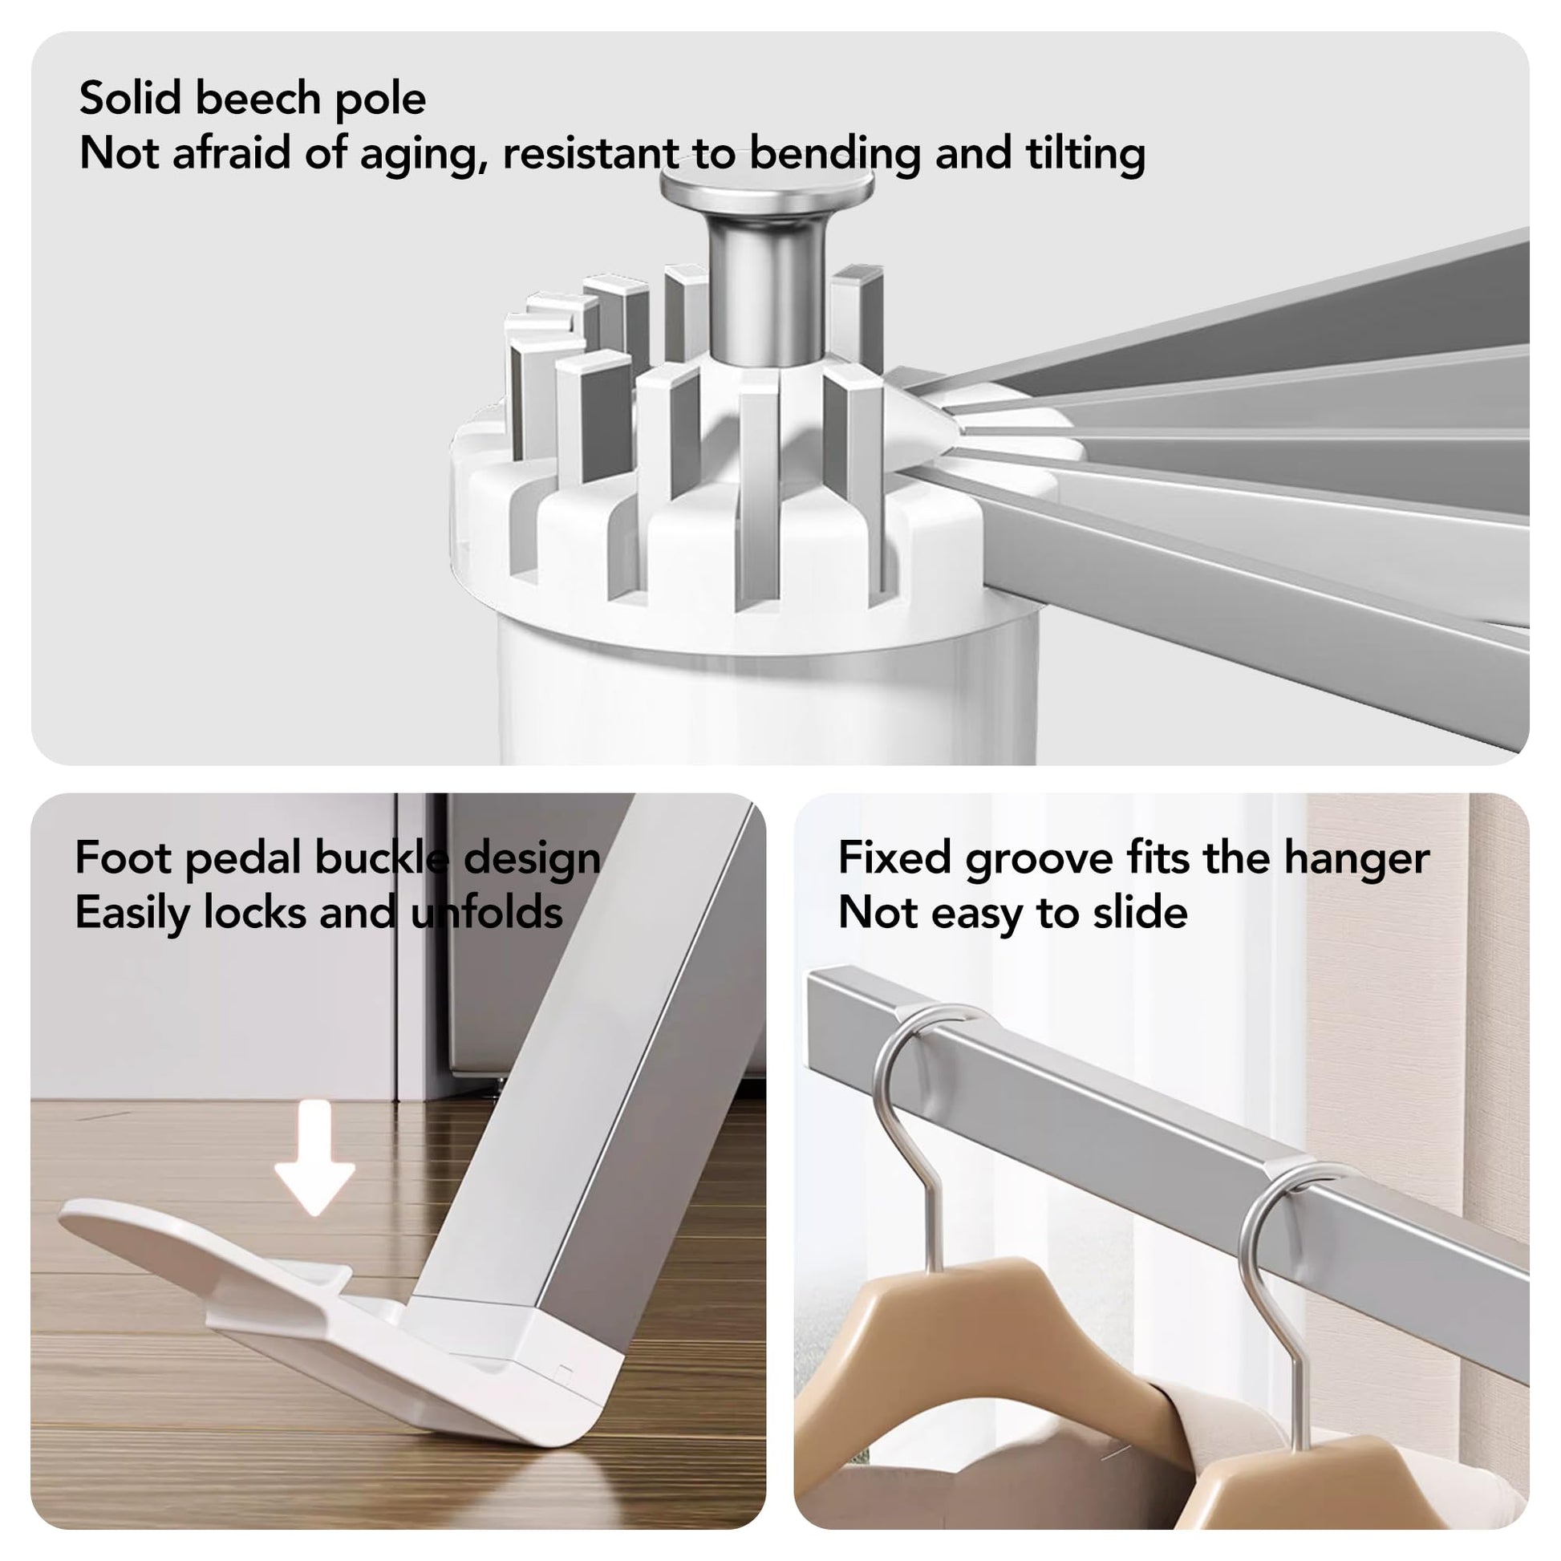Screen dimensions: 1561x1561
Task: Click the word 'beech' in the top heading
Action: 257,99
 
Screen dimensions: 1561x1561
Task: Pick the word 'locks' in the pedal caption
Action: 254,912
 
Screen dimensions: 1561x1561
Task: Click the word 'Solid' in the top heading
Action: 129,98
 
